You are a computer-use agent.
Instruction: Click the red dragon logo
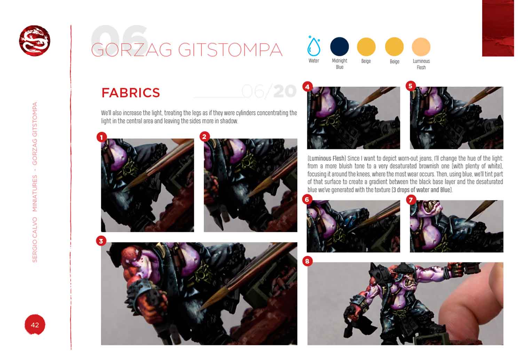click(34, 41)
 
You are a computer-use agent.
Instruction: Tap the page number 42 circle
click(35, 325)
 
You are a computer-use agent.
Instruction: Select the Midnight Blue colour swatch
click(340, 47)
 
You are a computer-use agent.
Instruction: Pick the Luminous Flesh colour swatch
click(421, 47)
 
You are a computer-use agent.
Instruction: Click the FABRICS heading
click(131, 93)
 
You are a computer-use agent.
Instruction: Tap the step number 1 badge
click(102, 137)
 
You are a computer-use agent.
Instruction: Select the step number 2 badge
click(205, 137)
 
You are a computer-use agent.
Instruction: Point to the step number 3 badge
click(101, 241)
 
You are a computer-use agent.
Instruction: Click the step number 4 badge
click(307, 87)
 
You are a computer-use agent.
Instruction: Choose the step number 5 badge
click(411, 86)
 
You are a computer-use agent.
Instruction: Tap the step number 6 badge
click(307, 200)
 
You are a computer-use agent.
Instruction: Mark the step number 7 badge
click(411, 200)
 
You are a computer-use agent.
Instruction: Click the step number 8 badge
click(307, 261)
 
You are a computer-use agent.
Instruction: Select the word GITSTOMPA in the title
click(230, 50)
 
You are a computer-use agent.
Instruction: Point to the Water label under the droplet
click(314, 61)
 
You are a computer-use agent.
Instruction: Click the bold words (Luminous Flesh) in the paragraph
click(326, 159)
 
